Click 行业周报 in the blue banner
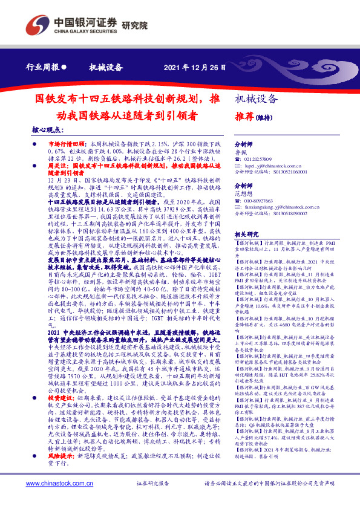(44, 67)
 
